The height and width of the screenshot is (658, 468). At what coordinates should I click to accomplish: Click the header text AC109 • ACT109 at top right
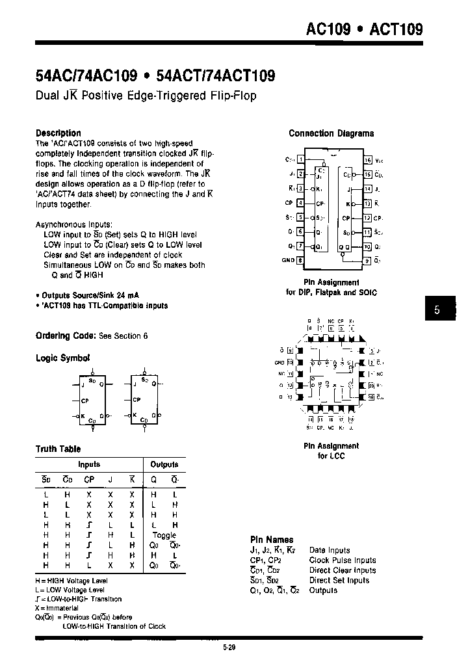coord(364,29)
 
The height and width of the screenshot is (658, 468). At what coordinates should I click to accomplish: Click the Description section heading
coord(58,133)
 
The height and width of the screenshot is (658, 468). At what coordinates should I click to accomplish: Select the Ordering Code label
coord(66,336)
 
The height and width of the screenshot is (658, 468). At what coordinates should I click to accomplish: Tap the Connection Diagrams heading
coord(331,133)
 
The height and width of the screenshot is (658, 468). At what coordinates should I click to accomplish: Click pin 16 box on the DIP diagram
coord(367,159)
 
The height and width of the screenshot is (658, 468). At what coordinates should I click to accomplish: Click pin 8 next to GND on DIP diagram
coord(300,260)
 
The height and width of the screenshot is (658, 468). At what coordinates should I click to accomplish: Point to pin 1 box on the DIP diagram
coord(300,159)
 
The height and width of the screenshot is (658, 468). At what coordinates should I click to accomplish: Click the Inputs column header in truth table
coord(89,464)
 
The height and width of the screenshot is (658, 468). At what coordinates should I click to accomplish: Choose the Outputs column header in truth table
coord(164,464)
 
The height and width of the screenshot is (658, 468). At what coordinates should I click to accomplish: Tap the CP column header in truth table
coord(88,481)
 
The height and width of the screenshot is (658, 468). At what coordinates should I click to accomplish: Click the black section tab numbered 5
coord(437,310)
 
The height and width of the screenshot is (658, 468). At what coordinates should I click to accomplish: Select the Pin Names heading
coord(272,540)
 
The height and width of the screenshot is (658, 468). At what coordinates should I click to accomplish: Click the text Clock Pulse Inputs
coord(343,560)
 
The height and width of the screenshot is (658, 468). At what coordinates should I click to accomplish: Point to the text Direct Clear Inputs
coord(343,570)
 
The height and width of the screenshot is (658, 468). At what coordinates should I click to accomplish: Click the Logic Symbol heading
coord(62,358)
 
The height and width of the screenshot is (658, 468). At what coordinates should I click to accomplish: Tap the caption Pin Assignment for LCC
coord(331,451)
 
